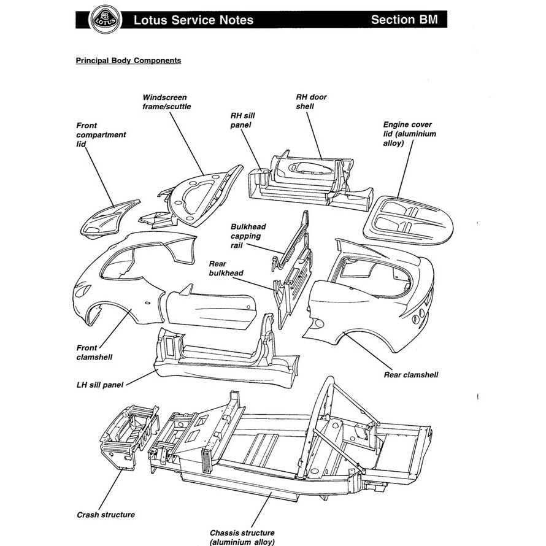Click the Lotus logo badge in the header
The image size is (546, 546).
coord(103,19)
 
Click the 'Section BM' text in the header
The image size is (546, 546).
coord(404,20)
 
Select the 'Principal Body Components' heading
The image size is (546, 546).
coord(128,61)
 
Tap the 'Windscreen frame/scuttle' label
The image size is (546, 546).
coord(166,102)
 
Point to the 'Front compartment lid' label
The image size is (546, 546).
coord(101,134)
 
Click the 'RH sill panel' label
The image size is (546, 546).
coord(240,120)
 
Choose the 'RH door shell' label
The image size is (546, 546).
coord(312,102)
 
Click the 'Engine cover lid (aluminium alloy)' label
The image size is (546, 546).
coord(409,134)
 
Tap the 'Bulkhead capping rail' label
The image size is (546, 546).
coord(245,236)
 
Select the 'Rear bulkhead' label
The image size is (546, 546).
coord(226,267)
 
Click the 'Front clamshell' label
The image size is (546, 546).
coord(95,352)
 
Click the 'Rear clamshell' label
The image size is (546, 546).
coord(410,375)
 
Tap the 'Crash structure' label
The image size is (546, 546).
coord(106,515)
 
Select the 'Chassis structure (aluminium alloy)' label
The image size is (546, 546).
coord(242,537)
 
